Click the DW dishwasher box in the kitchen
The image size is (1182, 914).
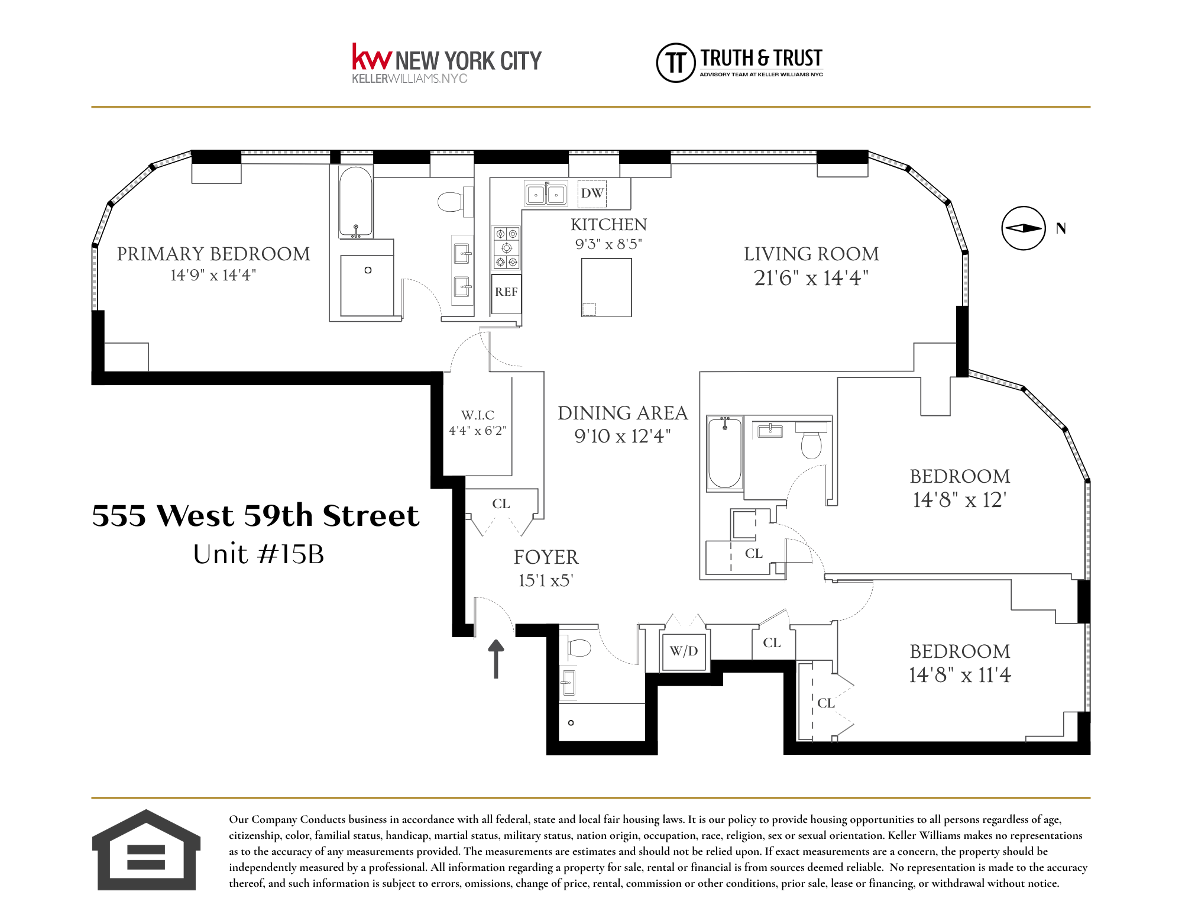(592, 193)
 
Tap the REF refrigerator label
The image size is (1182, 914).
(506, 292)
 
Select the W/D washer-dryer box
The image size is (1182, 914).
(684, 651)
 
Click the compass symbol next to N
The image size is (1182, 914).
(1024, 228)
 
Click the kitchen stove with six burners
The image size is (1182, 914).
(507, 247)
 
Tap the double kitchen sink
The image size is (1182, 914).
(546, 194)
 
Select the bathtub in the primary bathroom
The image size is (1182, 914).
(355, 202)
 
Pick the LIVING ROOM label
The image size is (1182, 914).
(811, 254)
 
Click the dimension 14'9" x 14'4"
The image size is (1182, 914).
(213, 276)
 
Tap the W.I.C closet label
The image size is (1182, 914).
(478, 415)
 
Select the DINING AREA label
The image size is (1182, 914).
(623, 413)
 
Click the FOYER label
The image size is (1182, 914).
(546, 557)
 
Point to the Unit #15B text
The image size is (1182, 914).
(258, 554)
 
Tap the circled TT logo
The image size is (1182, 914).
(675, 62)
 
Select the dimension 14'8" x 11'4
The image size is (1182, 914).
(960, 675)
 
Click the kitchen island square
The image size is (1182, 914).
(607, 288)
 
